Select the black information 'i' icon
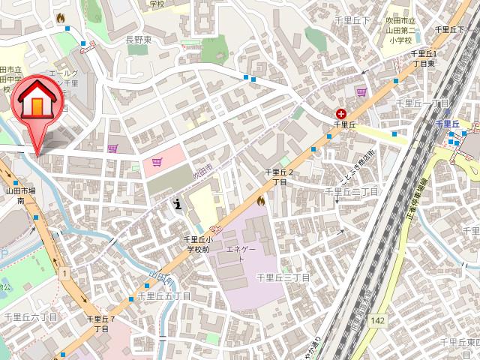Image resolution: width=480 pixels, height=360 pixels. tap(177, 202)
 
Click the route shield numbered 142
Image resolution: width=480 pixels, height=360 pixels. tap(377, 321)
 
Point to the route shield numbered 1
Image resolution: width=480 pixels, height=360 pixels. tap(65, 272)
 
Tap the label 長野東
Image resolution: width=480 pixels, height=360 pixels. tap(137, 40)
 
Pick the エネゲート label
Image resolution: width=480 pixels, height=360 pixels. tap(241, 253)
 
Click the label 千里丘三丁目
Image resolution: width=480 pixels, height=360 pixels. tap(283, 277)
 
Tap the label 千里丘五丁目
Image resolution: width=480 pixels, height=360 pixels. tap(163, 297)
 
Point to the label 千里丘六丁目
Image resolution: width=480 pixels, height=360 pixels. tap(30, 318)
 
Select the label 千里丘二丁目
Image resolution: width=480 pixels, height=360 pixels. tap(351, 193)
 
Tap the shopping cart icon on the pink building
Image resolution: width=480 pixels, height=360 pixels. tap(157, 161)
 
